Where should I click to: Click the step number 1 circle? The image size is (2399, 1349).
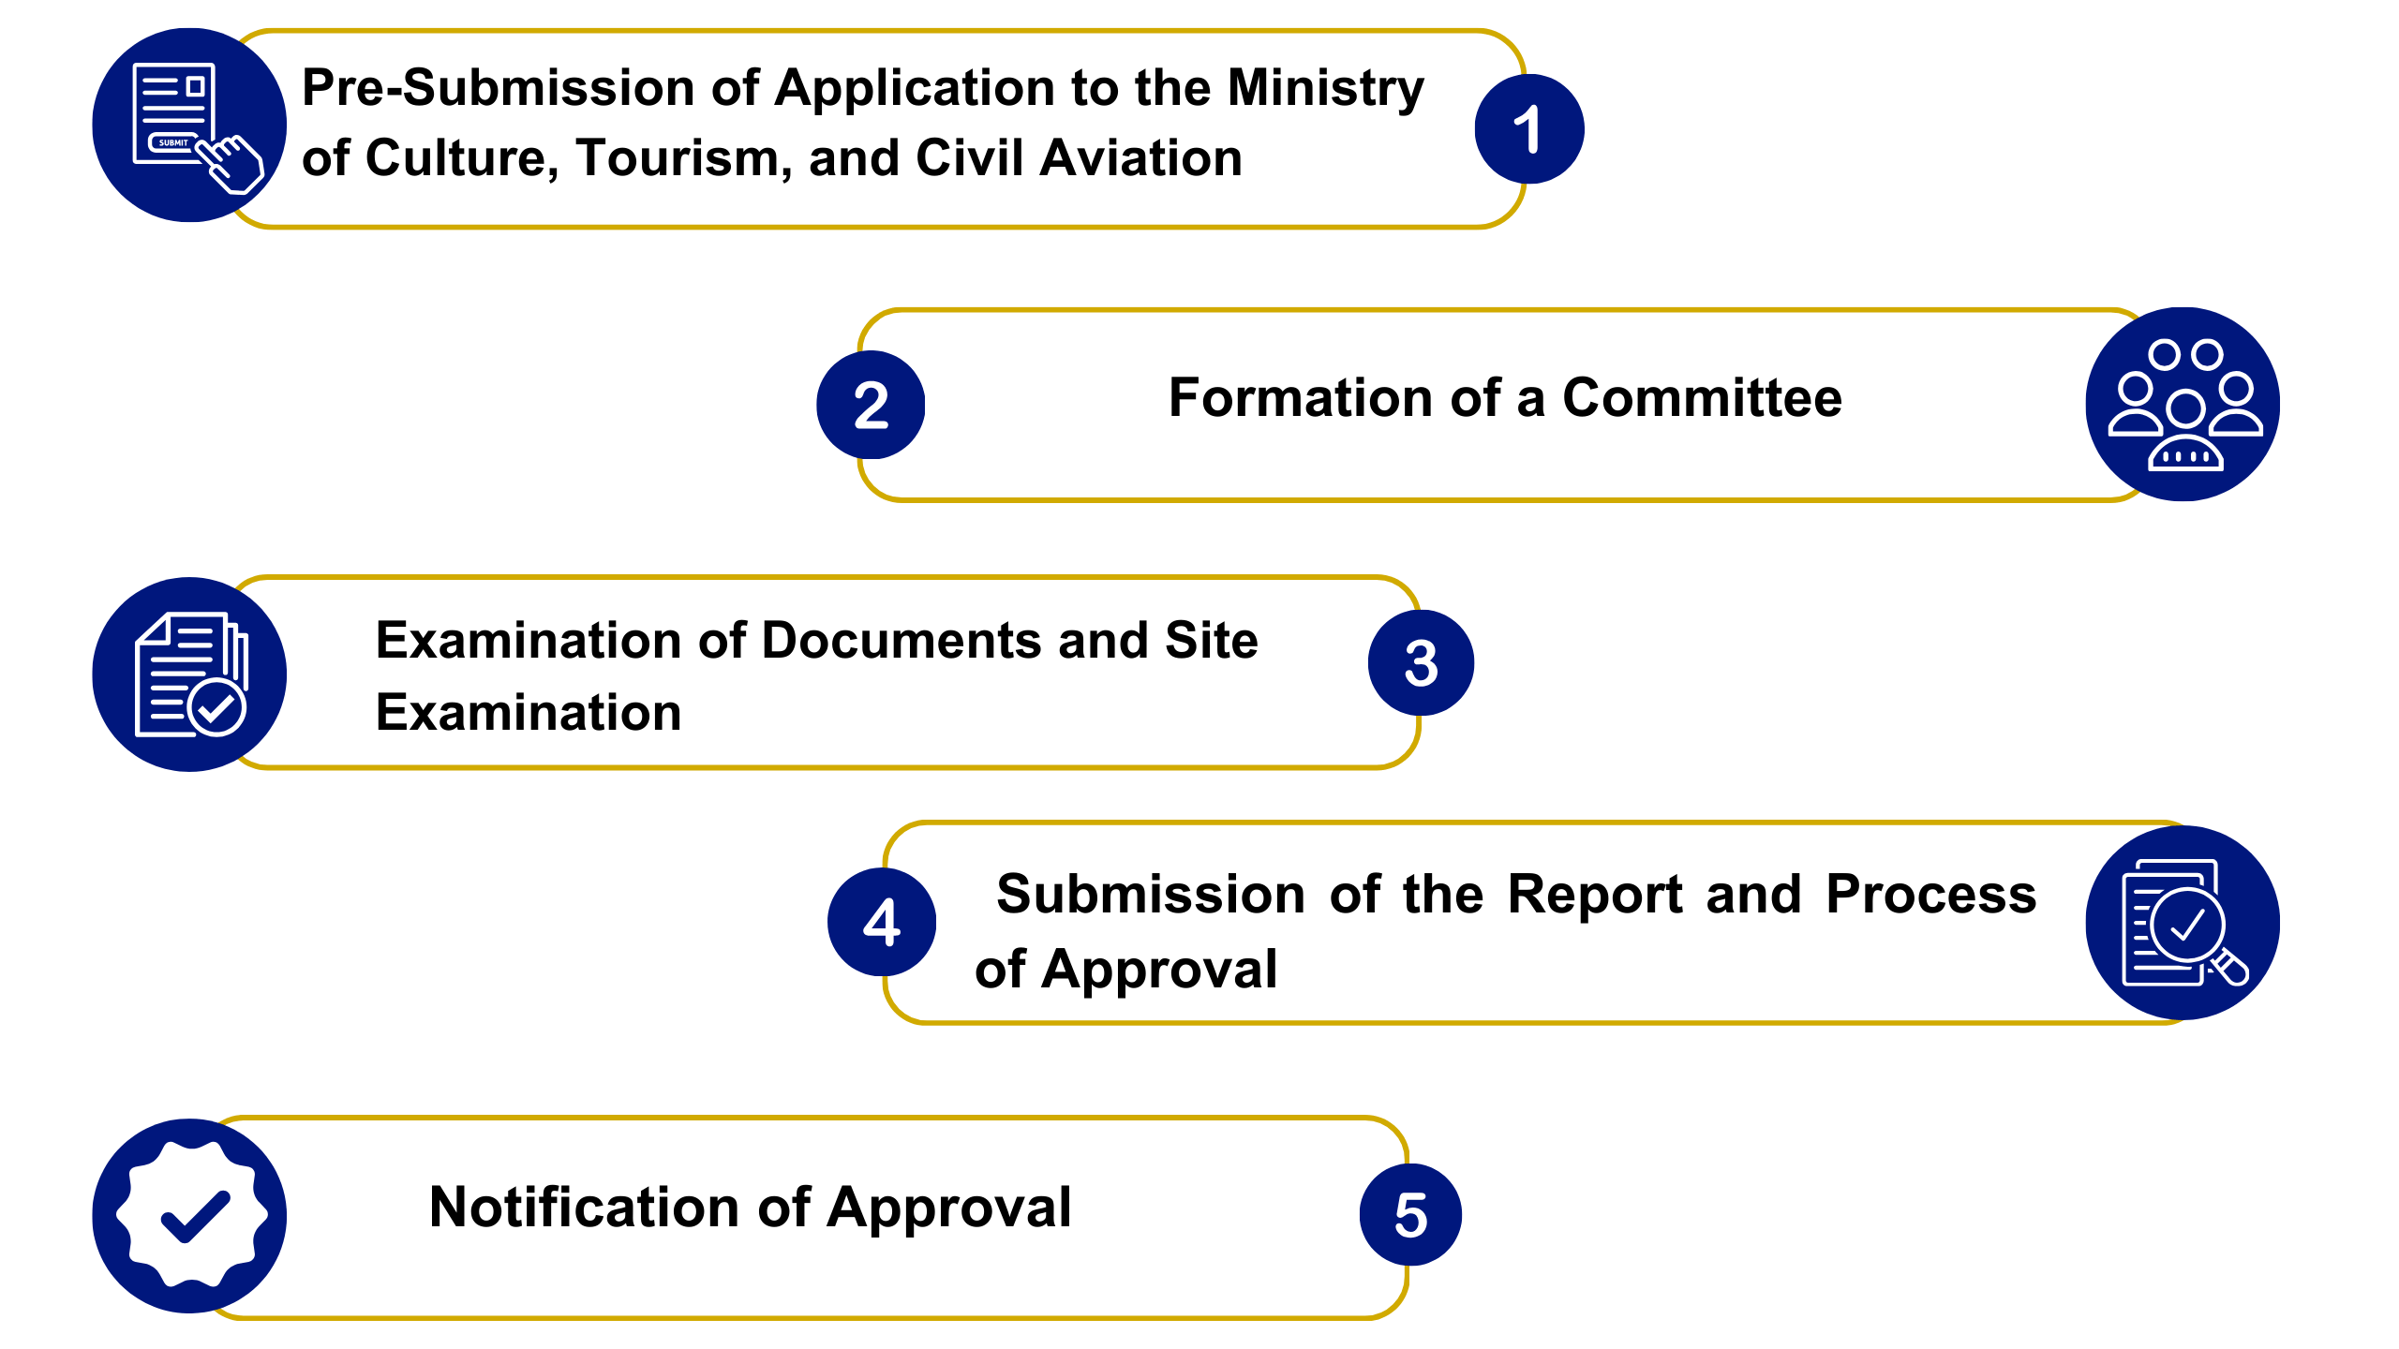point(1528,129)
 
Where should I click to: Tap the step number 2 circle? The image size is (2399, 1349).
point(871,405)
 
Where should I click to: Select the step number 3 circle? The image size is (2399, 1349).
point(1421,663)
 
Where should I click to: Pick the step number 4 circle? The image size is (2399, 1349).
point(882,922)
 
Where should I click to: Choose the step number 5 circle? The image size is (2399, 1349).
point(1410,1215)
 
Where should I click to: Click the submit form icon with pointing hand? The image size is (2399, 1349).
point(190,126)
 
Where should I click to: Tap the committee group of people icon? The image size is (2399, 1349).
point(2183,405)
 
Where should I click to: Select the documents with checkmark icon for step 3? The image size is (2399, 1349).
point(190,674)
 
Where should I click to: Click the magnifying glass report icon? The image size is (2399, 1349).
point(2183,923)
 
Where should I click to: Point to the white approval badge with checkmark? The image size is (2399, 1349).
point(190,1215)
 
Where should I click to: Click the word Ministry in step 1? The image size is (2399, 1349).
point(1325,90)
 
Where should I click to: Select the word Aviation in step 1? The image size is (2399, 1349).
point(1140,158)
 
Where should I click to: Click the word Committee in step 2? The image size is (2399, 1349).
point(1702,398)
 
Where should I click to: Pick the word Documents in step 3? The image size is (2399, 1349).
point(901,641)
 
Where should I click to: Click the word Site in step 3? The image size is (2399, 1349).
point(1211,641)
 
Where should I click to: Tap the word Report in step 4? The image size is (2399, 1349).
point(1595,896)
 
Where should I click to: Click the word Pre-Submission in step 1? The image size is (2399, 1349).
point(498,88)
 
